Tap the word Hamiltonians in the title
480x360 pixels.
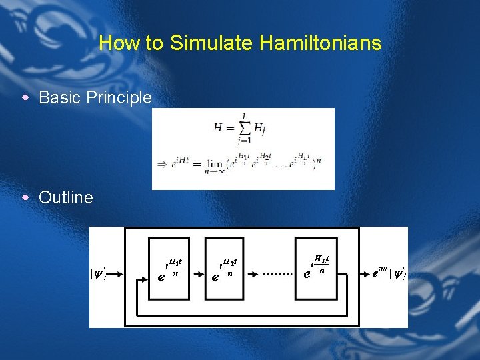point(321,43)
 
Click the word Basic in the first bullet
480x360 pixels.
point(59,97)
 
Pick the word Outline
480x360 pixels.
point(66,197)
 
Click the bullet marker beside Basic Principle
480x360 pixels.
point(25,97)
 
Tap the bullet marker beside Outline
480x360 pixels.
point(25,197)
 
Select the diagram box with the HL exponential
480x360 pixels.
point(317,267)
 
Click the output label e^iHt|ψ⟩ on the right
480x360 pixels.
point(389,273)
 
